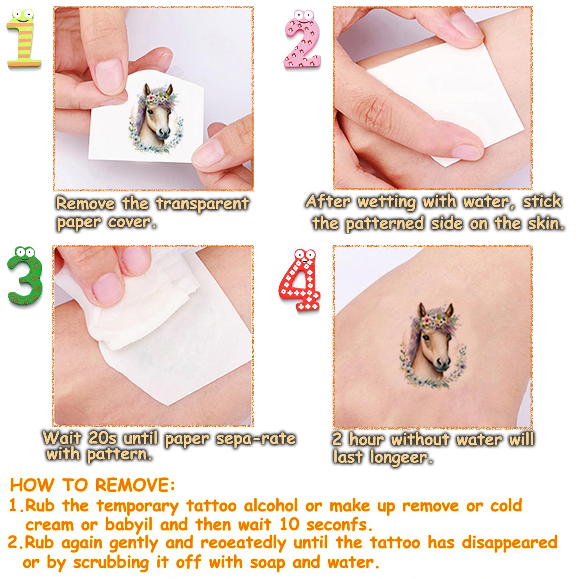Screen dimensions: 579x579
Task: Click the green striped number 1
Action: tap(24, 40)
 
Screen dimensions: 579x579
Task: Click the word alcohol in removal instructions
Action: tap(271, 506)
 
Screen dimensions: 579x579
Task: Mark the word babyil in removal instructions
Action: tap(129, 525)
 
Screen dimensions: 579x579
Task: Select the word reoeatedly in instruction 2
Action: tap(244, 543)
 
